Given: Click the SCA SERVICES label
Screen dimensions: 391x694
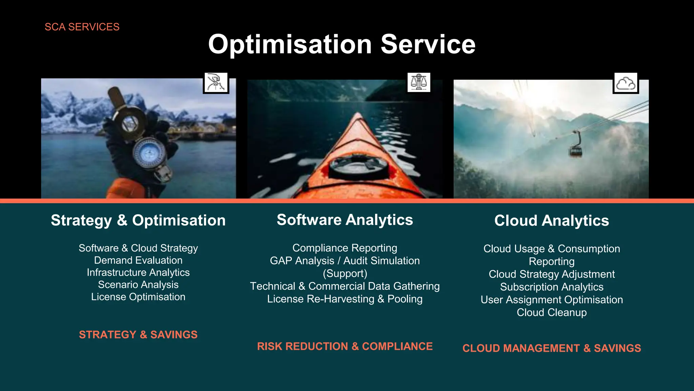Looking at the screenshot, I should [x=82, y=27].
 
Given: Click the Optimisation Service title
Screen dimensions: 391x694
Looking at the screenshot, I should [x=342, y=44].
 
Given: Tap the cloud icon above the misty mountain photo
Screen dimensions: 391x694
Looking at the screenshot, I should [x=626, y=83].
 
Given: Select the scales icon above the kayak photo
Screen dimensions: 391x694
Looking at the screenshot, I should [x=419, y=82].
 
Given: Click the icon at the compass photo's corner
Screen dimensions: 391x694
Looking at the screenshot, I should [x=216, y=83].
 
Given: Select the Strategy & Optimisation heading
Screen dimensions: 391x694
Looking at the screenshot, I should [x=138, y=220].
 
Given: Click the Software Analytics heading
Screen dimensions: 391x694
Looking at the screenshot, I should [x=345, y=220].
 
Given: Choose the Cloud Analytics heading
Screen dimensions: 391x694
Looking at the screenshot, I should [x=551, y=221].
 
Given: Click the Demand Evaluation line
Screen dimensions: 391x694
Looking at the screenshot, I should [x=138, y=260].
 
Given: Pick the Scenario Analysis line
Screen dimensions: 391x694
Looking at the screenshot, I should [x=138, y=284].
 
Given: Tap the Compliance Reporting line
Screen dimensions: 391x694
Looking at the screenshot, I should [x=345, y=248].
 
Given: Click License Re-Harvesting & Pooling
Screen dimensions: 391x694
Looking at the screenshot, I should [x=345, y=299].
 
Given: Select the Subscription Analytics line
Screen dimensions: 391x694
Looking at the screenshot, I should [x=551, y=287].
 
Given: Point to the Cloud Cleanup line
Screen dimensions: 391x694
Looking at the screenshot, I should [x=551, y=313].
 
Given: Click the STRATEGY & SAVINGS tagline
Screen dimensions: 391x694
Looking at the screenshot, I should [x=138, y=335].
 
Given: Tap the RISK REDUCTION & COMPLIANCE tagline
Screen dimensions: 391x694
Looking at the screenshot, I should [x=345, y=346].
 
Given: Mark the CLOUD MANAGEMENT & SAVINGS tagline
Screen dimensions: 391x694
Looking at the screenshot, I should [x=551, y=348].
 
